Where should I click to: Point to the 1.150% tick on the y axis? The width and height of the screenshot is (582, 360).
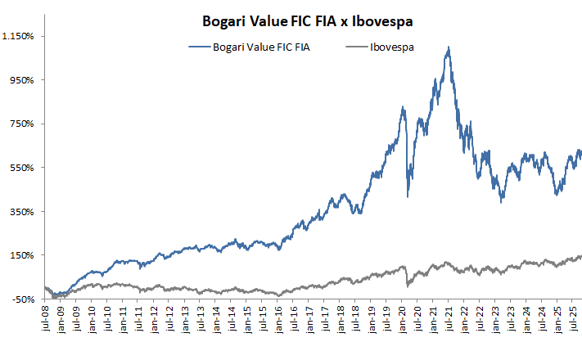[x=17, y=36]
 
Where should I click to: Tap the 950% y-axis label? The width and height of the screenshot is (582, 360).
[x=20, y=80]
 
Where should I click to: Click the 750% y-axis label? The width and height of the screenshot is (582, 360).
[x=20, y=124]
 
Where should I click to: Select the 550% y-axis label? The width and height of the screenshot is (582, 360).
[x=20, y=168]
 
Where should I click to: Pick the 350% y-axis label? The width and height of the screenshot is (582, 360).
[x=20, y=211]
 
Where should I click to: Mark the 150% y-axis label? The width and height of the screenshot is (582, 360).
[x=20, y=255]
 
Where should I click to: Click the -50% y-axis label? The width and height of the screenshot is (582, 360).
[x=21, y=299]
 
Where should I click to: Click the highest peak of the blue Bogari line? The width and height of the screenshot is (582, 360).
[x=449, y=47]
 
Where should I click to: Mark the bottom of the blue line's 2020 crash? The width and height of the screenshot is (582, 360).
[x=407, y=196]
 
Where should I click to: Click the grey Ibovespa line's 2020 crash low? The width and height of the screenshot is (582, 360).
[x=407, y=286]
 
